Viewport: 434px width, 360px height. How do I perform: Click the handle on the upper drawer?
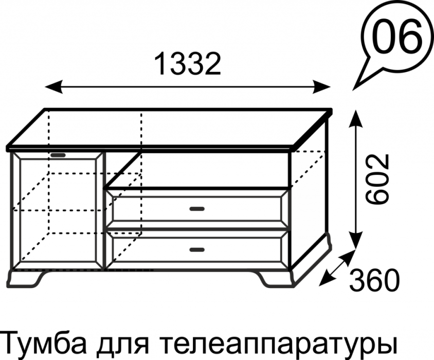[197, 209]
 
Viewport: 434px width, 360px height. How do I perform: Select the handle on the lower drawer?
[196, 250]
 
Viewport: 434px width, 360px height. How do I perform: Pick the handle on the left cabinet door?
[59, 154]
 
